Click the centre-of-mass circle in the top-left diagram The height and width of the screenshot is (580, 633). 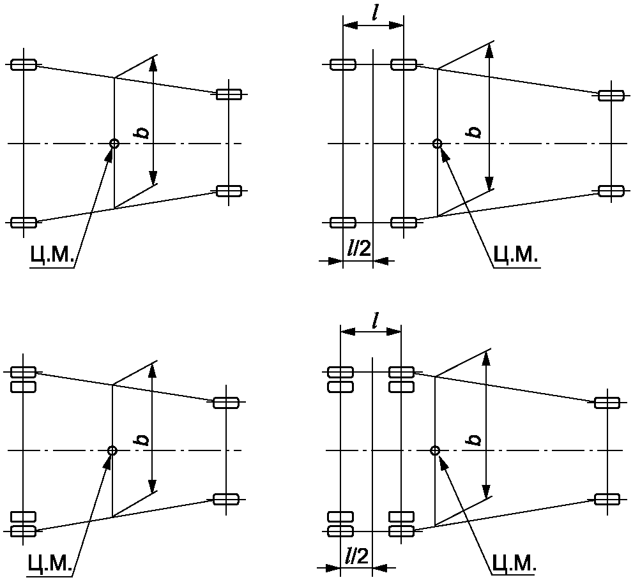114,144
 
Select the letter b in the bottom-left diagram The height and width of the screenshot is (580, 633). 143,440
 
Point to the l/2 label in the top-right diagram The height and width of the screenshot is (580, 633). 358,248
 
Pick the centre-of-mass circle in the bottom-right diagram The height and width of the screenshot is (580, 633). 436,450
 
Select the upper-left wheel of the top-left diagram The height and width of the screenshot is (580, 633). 24,64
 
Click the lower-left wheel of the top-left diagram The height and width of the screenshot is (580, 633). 24,222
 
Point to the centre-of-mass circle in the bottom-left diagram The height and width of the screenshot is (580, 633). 112,450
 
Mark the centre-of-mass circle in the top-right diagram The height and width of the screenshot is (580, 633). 438,144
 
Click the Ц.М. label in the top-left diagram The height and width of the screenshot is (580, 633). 52,255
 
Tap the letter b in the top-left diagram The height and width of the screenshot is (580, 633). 143,132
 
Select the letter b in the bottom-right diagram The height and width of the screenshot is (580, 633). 474,440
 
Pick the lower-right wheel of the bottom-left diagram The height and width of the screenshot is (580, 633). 226,498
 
